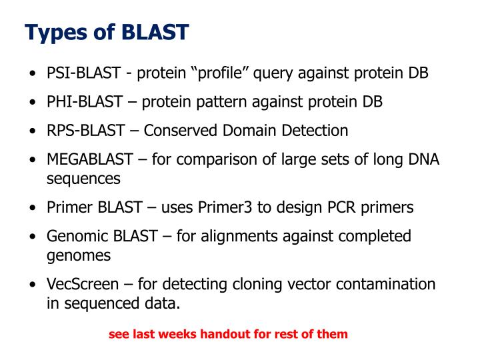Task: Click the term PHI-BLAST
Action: tap(84, 101)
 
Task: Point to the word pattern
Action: tap(233, 101)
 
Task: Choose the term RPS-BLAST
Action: tap(85, 130)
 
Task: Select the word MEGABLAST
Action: tap(94, 159)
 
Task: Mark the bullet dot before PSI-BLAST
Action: tap(32, 74)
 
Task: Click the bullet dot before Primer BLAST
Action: tap(32, 208)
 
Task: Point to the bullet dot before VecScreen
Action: tap(32, 285)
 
